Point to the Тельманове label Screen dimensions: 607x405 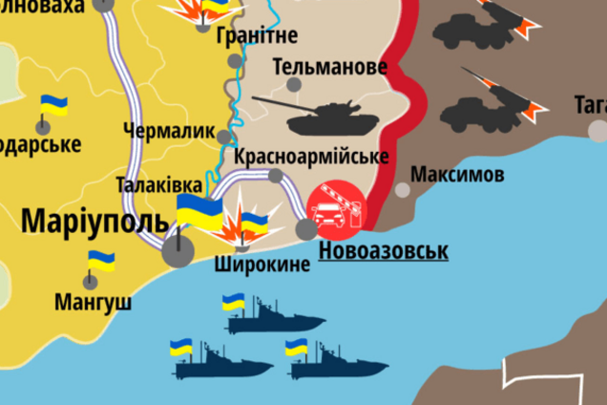(329, 67)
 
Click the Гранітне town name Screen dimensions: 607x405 (258, 35)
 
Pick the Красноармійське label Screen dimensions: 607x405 (310, 156)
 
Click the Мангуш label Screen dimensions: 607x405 (93, 304)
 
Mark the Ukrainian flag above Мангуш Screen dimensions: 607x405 (100, 261)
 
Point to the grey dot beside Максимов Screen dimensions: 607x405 (403, 190)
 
